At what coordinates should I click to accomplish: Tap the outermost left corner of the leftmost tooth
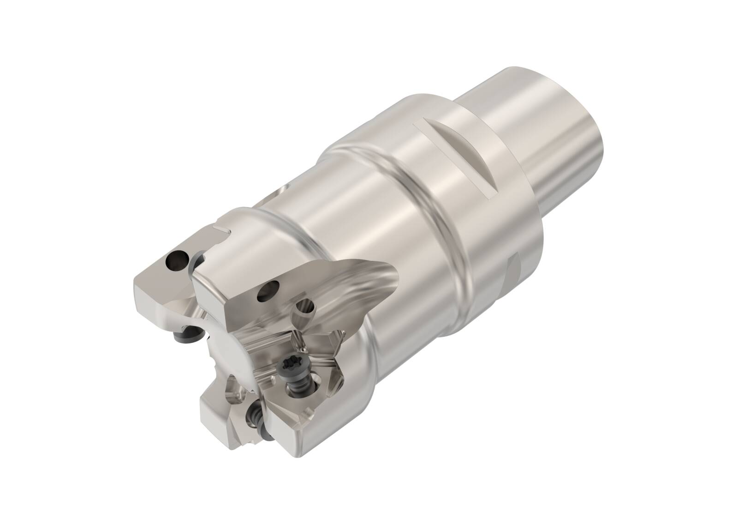(x=135, y=285)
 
